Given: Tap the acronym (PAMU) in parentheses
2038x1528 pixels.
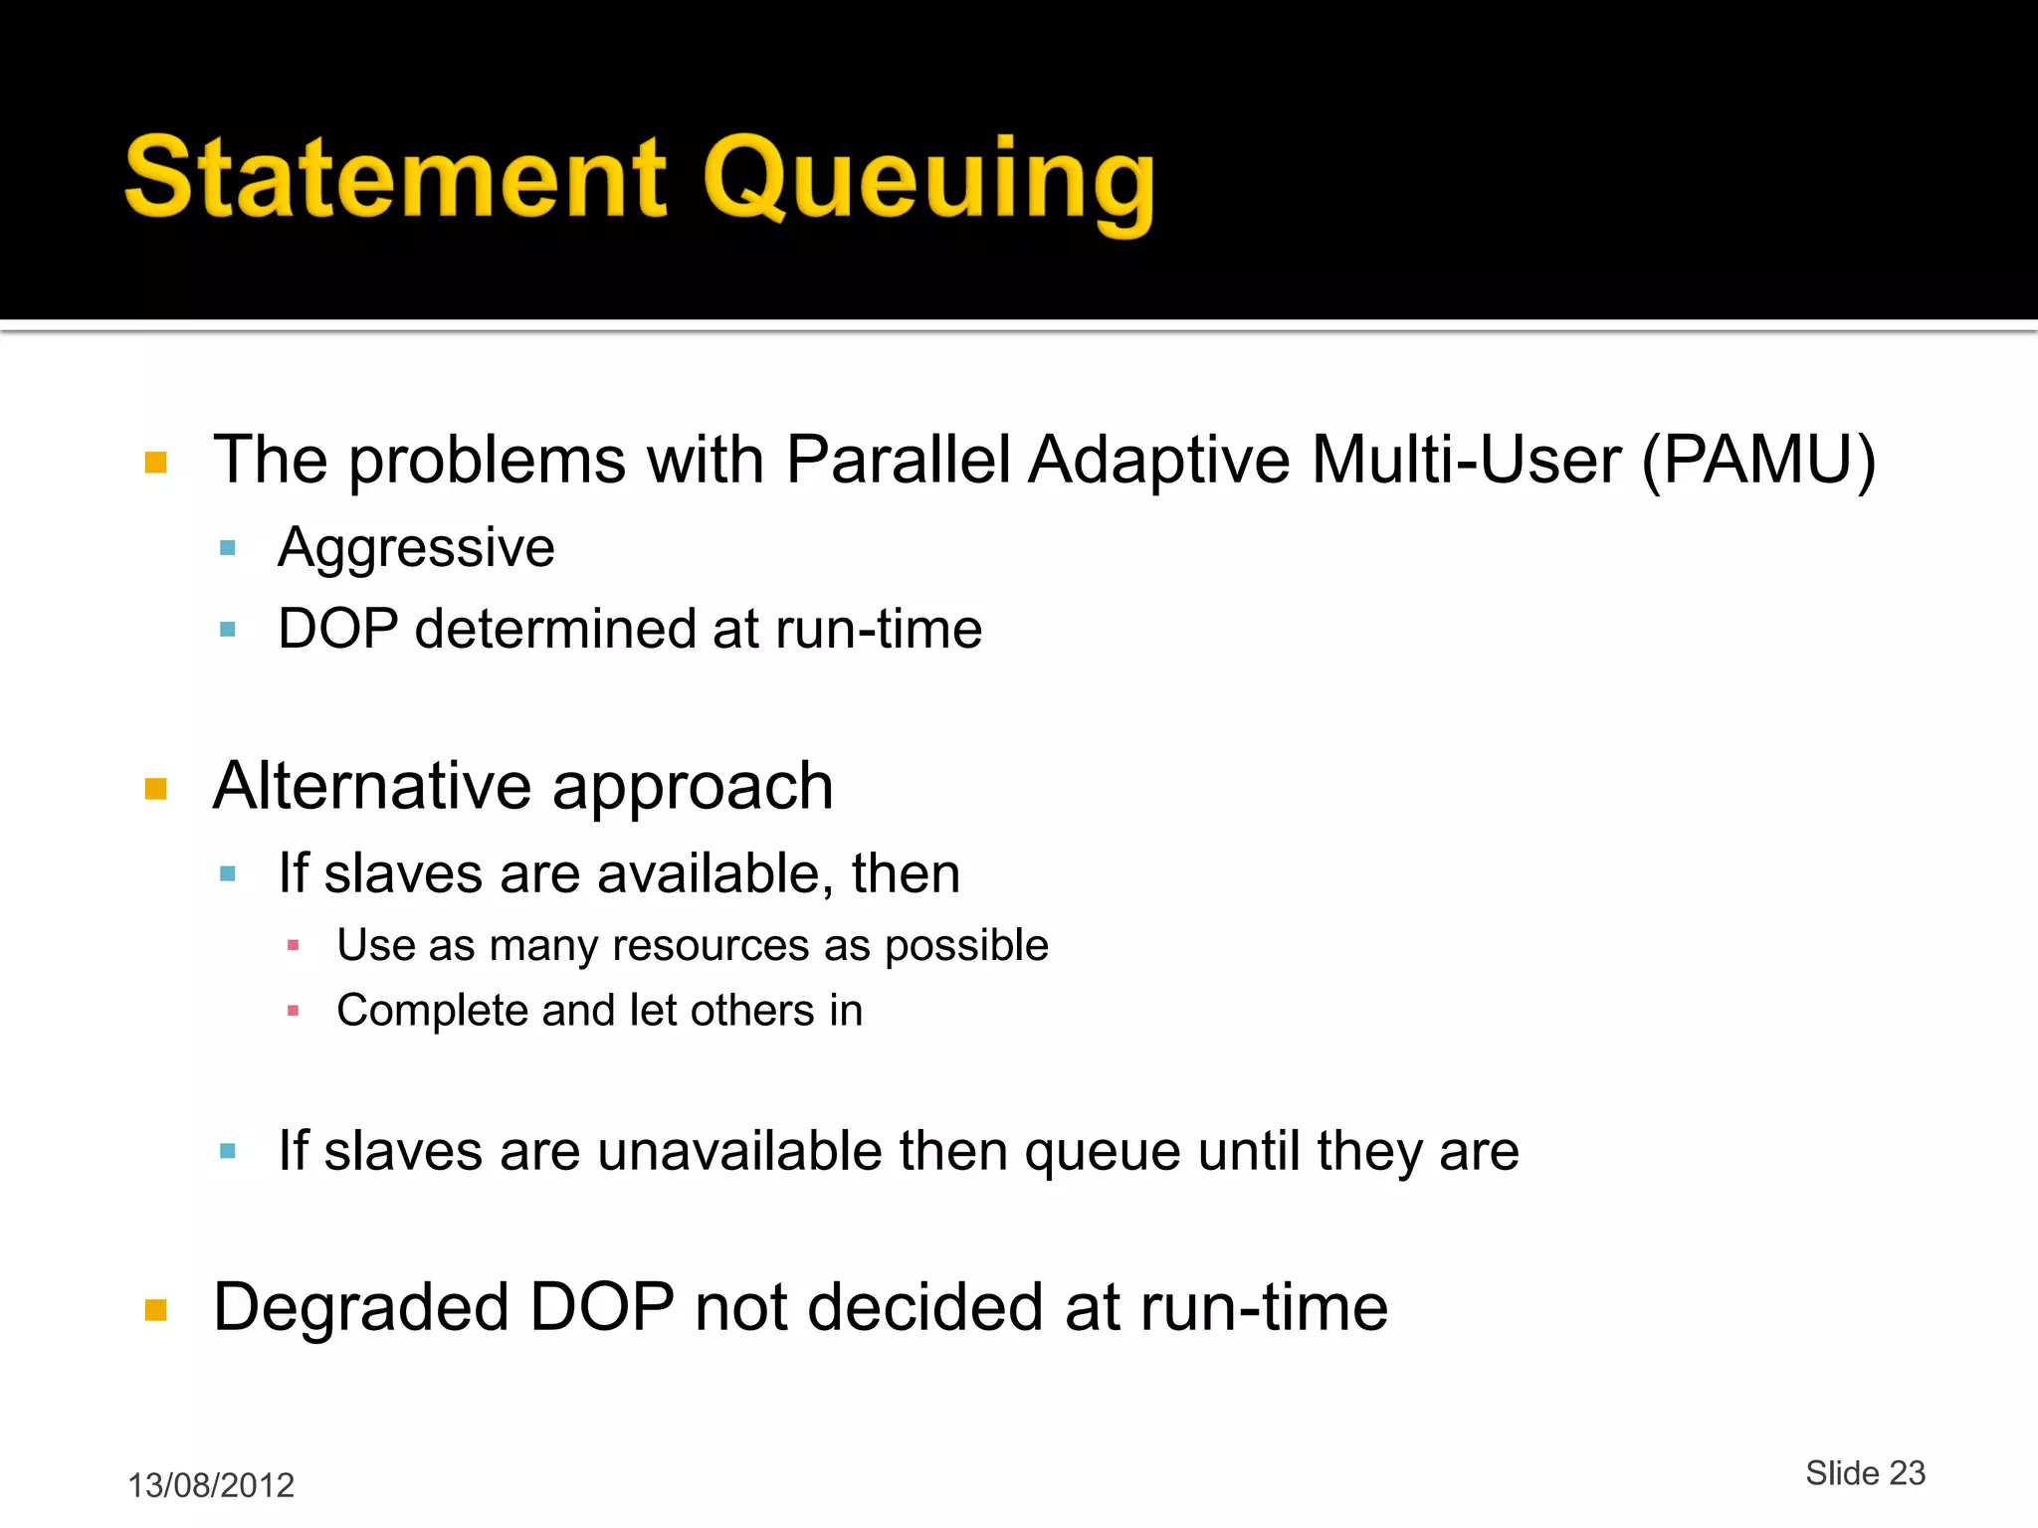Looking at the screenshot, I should (1758, 461).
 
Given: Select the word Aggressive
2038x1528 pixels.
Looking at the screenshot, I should (416, 548).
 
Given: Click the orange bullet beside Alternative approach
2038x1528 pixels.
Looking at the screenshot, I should (155, 790).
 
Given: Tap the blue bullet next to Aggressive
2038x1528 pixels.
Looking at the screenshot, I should (228, 548).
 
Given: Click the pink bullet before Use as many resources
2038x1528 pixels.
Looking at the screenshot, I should (293, 945).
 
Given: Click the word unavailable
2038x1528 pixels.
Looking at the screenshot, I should (739, 1151).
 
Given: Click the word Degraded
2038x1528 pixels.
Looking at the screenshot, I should (360, 1307).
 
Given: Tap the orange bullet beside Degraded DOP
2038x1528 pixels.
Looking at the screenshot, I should (155, 1309).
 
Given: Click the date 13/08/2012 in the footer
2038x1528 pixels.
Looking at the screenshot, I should (211, 1485).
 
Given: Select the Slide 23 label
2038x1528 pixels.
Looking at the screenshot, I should (1865, 1473).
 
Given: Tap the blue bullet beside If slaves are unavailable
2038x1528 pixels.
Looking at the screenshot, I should (228, 1152).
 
